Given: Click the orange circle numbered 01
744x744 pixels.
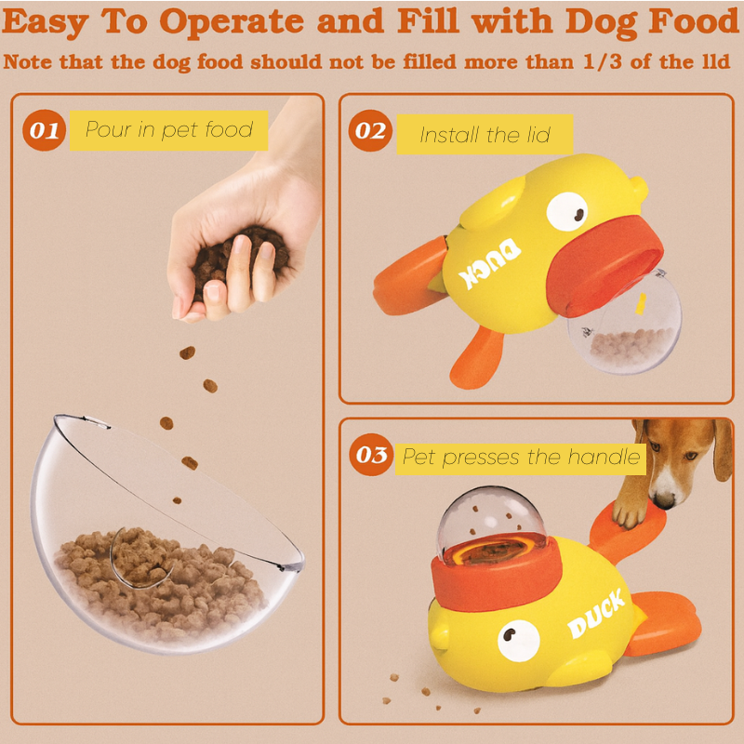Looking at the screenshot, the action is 44,130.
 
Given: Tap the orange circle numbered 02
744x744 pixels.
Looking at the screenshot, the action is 370,130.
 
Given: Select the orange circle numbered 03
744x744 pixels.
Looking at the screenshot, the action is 371,455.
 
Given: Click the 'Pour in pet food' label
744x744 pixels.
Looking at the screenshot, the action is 169,130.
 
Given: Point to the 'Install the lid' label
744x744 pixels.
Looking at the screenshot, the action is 485,135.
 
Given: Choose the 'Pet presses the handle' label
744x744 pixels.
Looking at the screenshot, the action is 521,458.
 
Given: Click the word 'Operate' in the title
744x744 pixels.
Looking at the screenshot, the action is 231,22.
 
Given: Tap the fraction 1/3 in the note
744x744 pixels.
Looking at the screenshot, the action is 602,61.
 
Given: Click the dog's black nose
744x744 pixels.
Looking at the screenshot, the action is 664,500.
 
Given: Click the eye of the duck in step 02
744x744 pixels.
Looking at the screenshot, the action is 566,212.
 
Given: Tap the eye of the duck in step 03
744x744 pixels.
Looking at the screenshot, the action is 519,641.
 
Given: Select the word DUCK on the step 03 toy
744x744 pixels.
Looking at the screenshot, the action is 596,615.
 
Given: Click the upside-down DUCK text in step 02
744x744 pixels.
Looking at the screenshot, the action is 489,263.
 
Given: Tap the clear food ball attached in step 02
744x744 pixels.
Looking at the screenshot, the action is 625,327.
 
